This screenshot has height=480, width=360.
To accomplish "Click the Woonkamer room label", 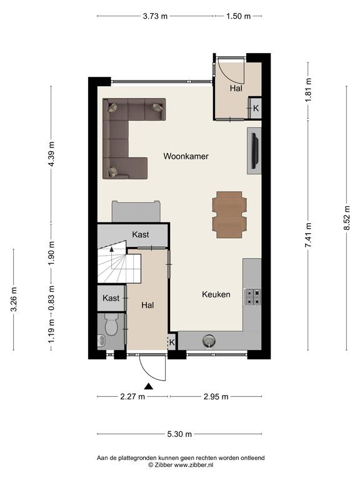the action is click(186, 156).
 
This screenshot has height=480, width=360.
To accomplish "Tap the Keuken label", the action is click(216, 294).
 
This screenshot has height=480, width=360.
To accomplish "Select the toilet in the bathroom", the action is click(111, 323).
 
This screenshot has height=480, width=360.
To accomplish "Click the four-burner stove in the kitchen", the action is click(252, 297).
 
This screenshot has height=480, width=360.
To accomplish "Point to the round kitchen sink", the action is click(209, 341).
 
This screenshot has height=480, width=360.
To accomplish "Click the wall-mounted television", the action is click(255, 151).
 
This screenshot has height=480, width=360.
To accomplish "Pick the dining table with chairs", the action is click(229, 214).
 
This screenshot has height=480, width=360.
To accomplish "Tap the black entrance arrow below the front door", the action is click(149, 386).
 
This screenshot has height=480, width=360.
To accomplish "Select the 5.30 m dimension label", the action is click(179, 434).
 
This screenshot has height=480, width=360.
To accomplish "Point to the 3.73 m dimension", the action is click(155, 16).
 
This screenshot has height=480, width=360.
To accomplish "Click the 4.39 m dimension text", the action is click(51, 154).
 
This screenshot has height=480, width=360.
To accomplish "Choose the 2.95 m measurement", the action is click(216, 397).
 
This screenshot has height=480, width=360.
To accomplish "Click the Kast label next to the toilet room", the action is click(111, 298).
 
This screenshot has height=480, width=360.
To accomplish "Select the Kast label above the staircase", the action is click(141, 235).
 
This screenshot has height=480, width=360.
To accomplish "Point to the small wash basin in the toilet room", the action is click(101, 341).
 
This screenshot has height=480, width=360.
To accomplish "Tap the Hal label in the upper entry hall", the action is click(236, 89).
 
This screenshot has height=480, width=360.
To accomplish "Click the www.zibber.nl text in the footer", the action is click(194, 465).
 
